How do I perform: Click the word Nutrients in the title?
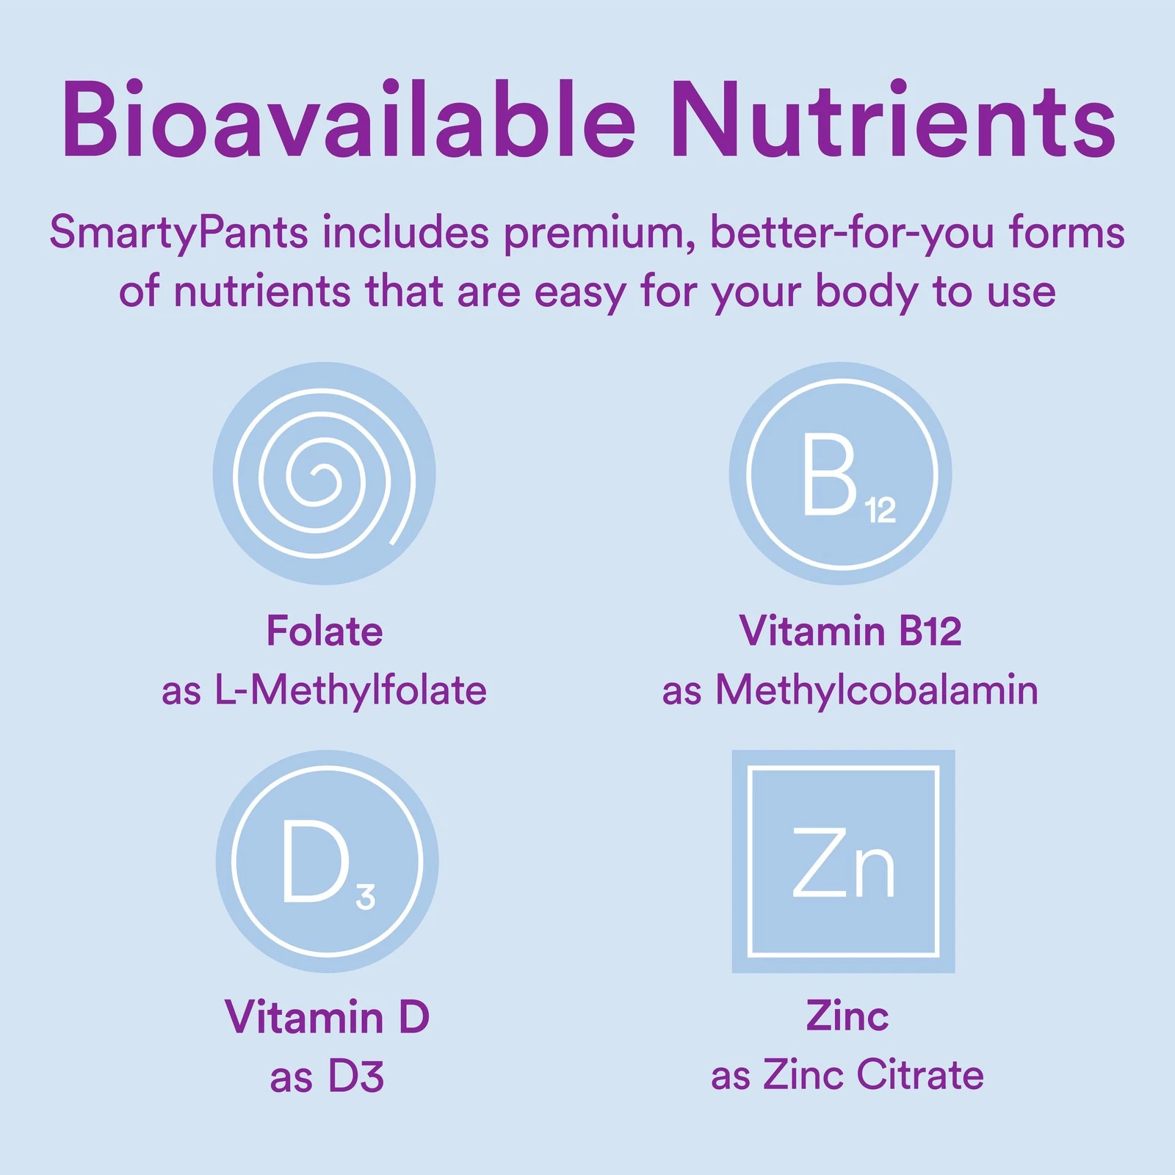point(894,119)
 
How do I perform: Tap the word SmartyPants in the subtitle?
point(178,234)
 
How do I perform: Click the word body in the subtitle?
point(867,292)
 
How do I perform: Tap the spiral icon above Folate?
point(324,474)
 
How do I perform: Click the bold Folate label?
point(325,631)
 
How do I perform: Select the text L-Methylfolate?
point(350,691)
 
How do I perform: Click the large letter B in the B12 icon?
point(830,474)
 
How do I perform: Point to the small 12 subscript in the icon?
point(881,510)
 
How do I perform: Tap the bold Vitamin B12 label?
point(850,631)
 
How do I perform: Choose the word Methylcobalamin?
point(877,691)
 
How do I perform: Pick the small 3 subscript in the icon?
point(366,897)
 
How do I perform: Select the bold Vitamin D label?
point(327,1017)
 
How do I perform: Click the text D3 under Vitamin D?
point(356,1077)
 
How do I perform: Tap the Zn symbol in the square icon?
point(844,862)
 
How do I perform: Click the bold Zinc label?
point(847,1016)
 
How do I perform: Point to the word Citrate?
point(920,1075)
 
